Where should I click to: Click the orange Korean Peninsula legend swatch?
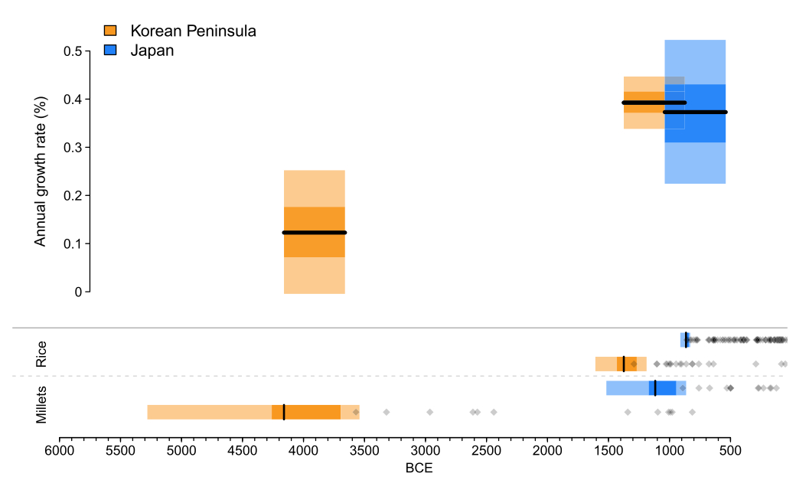[109, 31]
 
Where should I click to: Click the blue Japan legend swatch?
[109, 51]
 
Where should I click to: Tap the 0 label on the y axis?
[78, 292]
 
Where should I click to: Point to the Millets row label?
[41, 406]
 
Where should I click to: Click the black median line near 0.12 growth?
[314, 232]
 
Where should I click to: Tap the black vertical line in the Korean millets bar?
[284, 412]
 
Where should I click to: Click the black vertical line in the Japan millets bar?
[655, 388]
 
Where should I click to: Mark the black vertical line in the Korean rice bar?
[624, 364]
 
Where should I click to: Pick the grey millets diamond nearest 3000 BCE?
[429, 412]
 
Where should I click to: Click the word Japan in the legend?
[152, 51]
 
